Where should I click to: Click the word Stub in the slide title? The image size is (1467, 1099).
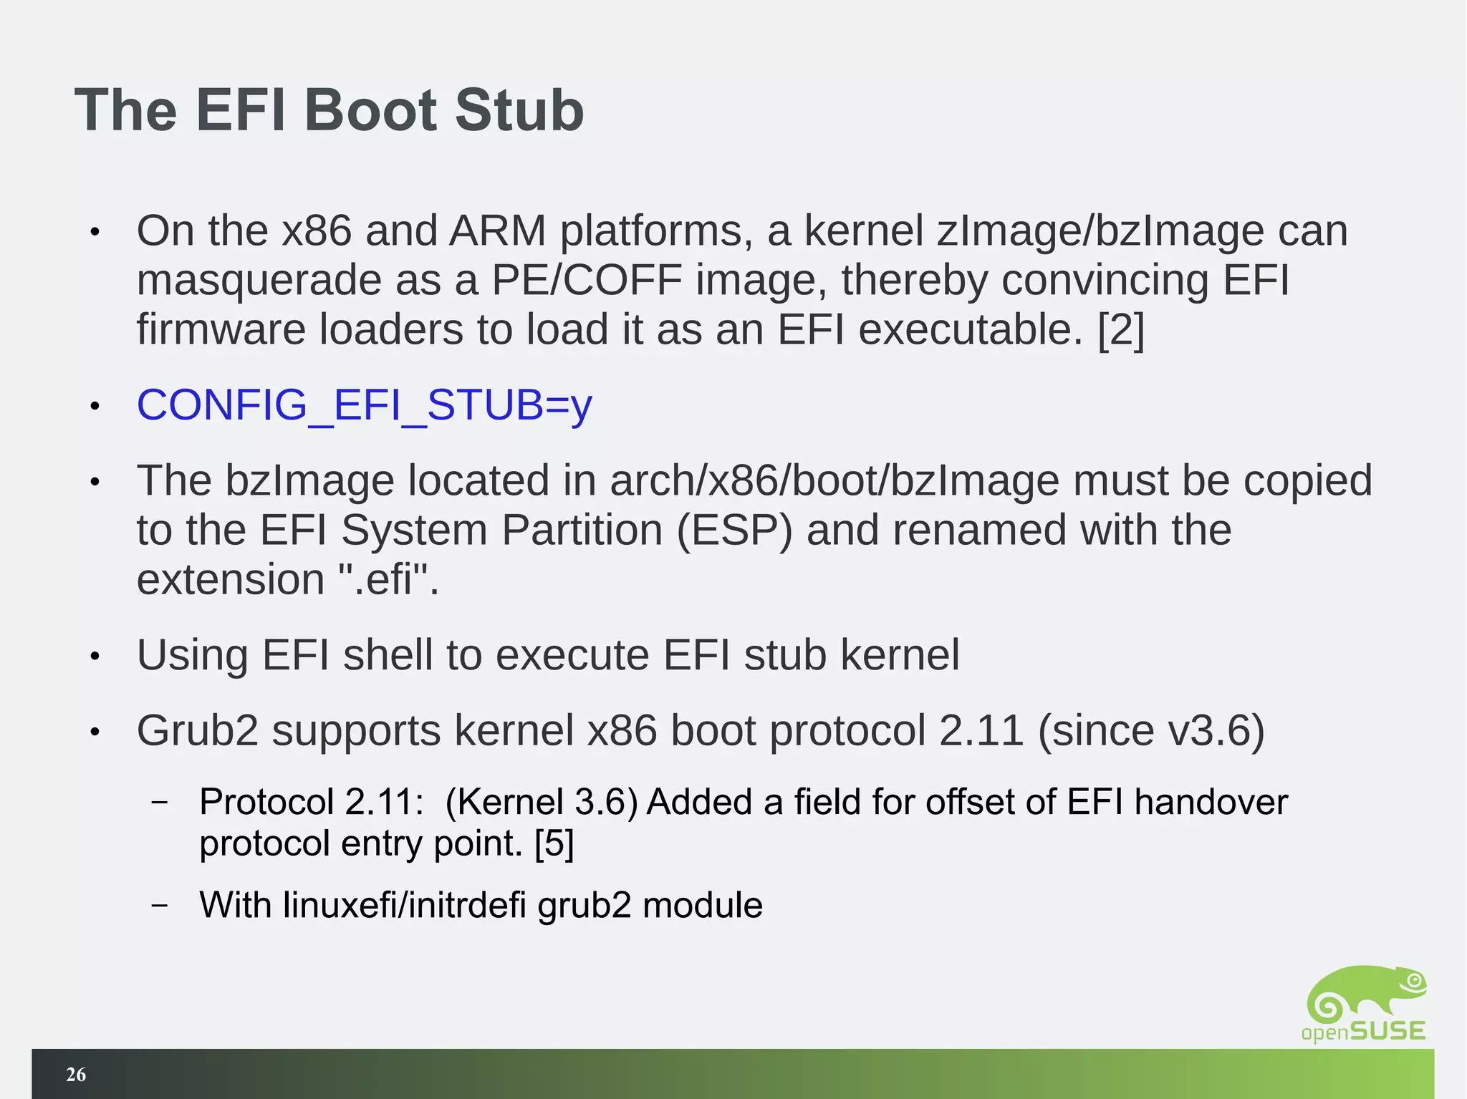point(519,110)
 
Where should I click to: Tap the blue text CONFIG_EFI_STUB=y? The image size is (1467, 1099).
point(364,405)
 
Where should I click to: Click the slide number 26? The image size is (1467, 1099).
point(76,1074)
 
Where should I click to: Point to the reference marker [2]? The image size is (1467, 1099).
point(1121,329)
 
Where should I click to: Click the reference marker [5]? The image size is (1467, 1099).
point(554,843)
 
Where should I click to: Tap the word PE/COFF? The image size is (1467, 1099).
point(587,280)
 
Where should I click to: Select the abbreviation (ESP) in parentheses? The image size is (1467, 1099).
point(734,530)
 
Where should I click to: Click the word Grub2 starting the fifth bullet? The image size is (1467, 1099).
point(197,730)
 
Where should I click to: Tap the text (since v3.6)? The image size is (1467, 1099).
point(1150,730)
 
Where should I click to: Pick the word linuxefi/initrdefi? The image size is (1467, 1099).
point(405,905)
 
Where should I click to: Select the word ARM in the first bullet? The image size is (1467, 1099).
point(497,231)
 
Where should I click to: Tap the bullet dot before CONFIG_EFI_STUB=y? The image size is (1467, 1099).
point(94,407)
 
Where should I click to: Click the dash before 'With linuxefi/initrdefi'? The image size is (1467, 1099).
point(160,905)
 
